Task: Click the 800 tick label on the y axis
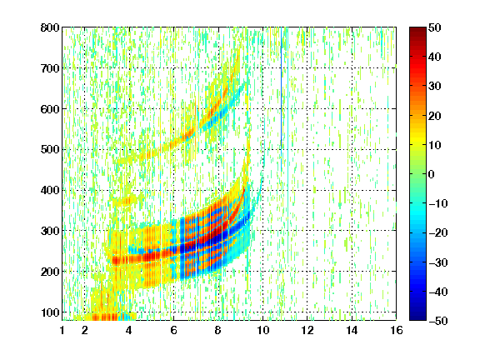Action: [x=50, y=27]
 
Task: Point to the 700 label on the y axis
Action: [x=50, y=68]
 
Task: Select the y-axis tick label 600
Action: [x=50, y=109]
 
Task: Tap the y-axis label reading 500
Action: [x=50, y=150]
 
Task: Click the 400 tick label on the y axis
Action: [x=50, y=190]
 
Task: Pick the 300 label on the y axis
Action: [x=50, y=231]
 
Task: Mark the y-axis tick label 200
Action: [x=50, y=272]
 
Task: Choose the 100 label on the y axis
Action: [x=50, y=312]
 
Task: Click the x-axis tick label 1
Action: [x=62, y=330]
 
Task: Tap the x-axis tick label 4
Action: [x=129, y=330]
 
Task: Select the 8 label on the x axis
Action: [x=218, y=330]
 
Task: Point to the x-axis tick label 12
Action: [x=307, y=330]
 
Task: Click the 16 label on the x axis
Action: [x=397, y=330]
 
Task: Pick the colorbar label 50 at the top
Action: [x=435, y=27]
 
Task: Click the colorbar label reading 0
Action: [x=432, y=174]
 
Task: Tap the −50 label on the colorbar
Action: [x=438, y=321]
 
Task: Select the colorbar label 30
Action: [x=435, y=87]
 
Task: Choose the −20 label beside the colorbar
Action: [x=438, y=233]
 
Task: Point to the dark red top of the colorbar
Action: [x=417, y=32]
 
